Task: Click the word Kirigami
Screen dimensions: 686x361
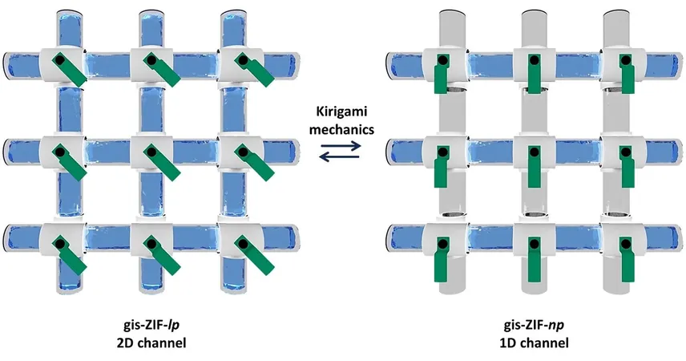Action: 341,112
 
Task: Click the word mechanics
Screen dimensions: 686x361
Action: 341,129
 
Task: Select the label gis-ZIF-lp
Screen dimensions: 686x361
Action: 151,326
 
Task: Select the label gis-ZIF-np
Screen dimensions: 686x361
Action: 534,326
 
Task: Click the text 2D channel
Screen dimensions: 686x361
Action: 151,343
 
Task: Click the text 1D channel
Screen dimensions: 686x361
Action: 534,343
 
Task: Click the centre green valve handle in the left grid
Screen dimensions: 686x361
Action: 161,164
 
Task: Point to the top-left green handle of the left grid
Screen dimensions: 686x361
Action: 69,69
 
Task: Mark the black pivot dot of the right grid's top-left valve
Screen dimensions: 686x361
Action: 442,60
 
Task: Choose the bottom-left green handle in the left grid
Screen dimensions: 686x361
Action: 69,255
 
